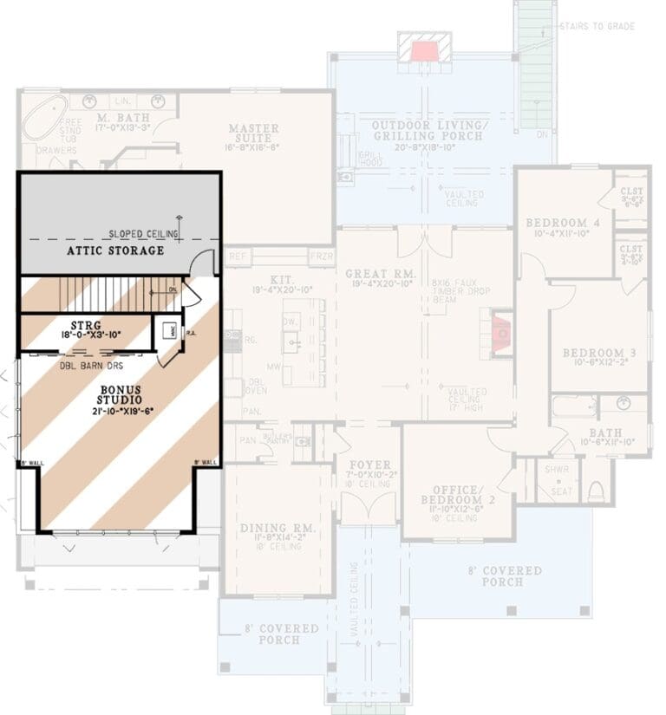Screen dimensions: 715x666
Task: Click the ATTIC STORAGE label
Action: pyautogui.click(x=115, y=251)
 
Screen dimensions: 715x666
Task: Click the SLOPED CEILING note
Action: pyautogui.click(x=143, y=234)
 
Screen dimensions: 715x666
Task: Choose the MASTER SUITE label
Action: pyautogui.click(x=254, y=134)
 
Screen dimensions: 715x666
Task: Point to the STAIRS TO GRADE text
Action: pyautogui.click(x=597, y=27)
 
